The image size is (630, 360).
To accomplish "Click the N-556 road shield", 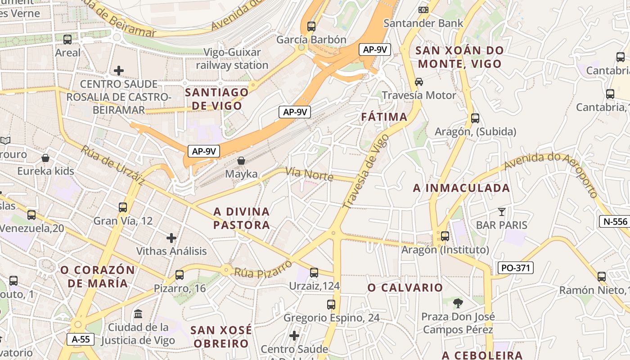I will point(614,221).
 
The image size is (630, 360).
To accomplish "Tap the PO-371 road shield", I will point(516,268).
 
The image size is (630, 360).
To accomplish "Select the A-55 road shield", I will point(81,339).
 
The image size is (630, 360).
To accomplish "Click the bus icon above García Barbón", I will point(311,26).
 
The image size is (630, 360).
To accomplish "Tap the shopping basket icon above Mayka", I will point(241,161).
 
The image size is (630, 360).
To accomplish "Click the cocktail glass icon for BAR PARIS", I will point(502,211).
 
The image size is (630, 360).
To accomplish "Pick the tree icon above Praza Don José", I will point(458,303).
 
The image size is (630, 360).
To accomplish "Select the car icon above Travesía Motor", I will point(419,82).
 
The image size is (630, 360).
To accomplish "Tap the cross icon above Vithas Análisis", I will point(171,238).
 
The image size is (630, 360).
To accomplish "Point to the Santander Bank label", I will point(423,23).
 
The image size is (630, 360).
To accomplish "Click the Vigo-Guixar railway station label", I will point(232,59).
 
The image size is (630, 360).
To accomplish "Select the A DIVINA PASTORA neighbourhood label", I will point(242,218).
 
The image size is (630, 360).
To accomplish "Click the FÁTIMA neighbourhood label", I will point(384,117).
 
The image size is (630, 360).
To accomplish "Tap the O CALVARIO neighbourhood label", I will point(405,288).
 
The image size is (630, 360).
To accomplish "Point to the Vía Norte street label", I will point(310,174).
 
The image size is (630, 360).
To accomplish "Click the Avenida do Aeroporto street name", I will point(551,171).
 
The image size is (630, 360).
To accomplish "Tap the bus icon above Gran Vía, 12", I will point(123,207).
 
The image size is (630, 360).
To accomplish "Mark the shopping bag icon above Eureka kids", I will point(45,158).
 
